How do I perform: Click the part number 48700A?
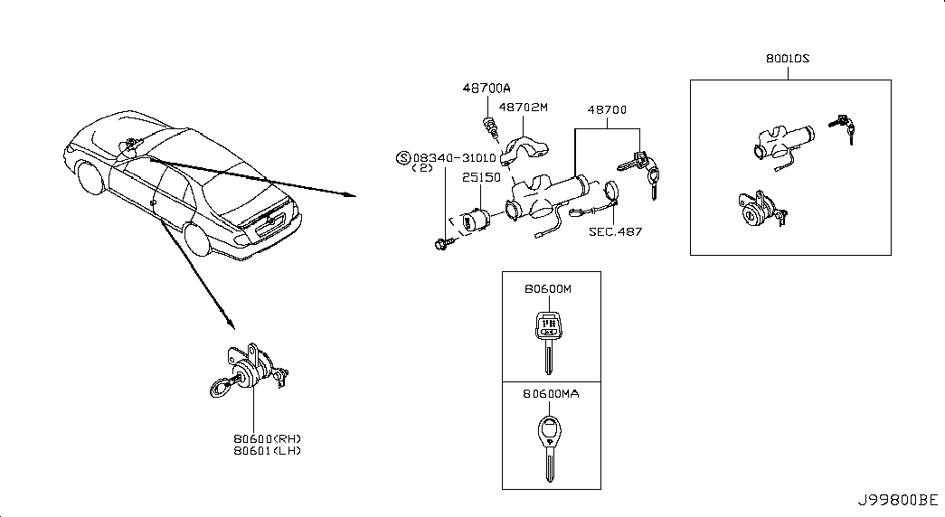click(x=487, y=88)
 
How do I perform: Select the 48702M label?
click(x=523, y=108)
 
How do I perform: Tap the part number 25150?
click(x=481, y=177)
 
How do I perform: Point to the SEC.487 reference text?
click(x=615, y=231)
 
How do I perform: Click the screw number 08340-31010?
click(x=455, y=158)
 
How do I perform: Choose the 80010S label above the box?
click(x=788, y=59)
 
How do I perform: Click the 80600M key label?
click(x=548, y=288)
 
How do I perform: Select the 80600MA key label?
click(x=551, y=393)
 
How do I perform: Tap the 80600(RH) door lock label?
click(x=268, y=438)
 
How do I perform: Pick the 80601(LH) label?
click(x=268, y=451)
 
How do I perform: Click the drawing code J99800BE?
click(x=898, y=500)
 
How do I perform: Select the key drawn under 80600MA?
click(x=550, y=449)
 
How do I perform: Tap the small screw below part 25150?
click(x=442, y=243)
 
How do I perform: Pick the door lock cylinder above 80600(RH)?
click(x=249, y=371)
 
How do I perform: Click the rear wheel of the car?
click(x=197, y=240)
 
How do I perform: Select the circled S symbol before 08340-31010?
click(x=402, y=158)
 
